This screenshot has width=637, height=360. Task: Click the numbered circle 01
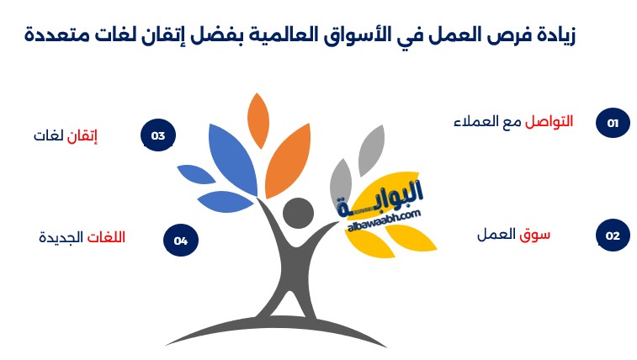[x=613, y=123]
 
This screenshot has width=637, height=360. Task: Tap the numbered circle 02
[x=613, y=236]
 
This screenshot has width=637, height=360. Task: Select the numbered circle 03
[x=158, y=135]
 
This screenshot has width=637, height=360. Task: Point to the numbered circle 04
[x=181, y=241]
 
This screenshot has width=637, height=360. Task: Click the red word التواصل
[x=549, y=121]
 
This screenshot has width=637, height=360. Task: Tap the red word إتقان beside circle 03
[x=82, y=135]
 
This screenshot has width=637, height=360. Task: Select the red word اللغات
[x=106, y=237]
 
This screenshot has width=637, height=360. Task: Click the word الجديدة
[x=61, y=237]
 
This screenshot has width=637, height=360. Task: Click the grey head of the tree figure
[x=298, y=213]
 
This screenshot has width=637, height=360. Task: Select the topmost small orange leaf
[x=258, y=120]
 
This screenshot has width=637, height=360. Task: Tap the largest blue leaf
[x=233, y=159]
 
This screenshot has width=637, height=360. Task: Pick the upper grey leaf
[x=371, y=151]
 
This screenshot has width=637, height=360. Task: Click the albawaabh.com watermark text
[x=385, y=220]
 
